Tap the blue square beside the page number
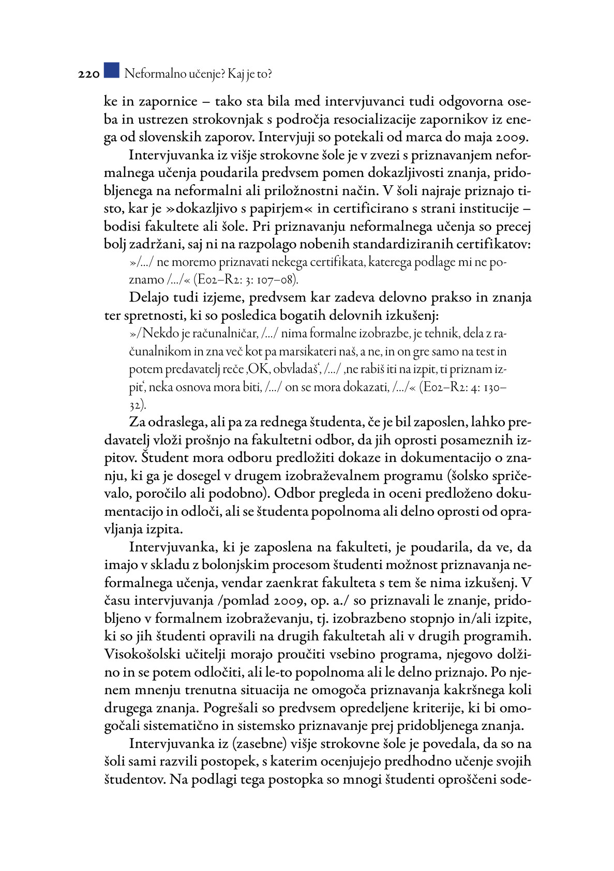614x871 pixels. [x=111, y=70]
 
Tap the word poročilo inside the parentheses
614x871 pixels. [x=163, y=493]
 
